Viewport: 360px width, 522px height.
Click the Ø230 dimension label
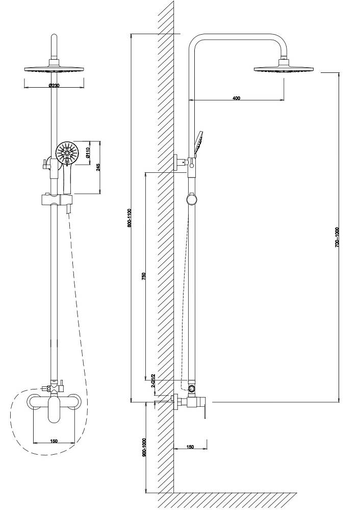click(54, 86)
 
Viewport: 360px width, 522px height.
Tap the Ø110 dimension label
click(87, 152)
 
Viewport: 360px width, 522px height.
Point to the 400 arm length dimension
click(236, 98)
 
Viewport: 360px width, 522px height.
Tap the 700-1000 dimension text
click(337, 237)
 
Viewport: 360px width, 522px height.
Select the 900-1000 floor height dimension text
click(144, 447)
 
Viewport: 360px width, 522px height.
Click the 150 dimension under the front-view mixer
click(54, 441)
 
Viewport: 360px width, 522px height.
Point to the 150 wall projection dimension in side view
click(190, 447)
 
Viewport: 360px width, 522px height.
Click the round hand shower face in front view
click(67, 153)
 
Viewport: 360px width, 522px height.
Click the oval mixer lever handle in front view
click(53, 410)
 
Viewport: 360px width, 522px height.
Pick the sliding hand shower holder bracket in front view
click(57, 200)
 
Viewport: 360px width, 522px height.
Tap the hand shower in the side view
click(198, 143)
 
